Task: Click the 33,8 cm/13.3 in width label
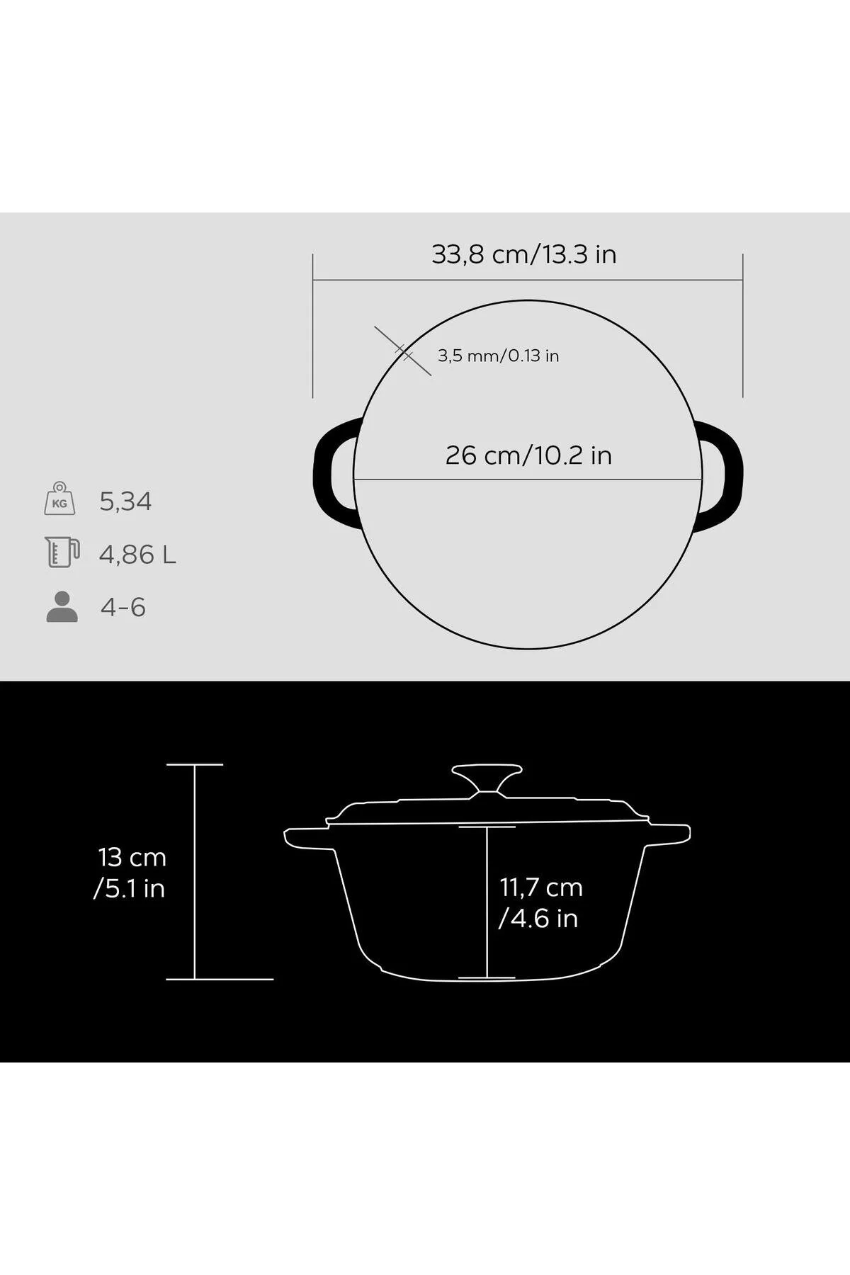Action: pyautogui.click(x=524, y=254)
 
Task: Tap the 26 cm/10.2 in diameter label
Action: pyautogui.click(x=528, y=455)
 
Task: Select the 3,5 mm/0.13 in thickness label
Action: pyautogui.click(x=498, y=356)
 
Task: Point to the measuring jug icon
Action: pyautogui.click(x=62, y=552)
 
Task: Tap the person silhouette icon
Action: pyautogui.click(x=62, y=606)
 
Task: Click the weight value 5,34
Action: pyautogui.click(x=125, y=501)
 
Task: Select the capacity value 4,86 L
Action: pyautogui.click(x=137, y=555)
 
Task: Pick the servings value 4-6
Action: pyautogui.click(x=123, y=608)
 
